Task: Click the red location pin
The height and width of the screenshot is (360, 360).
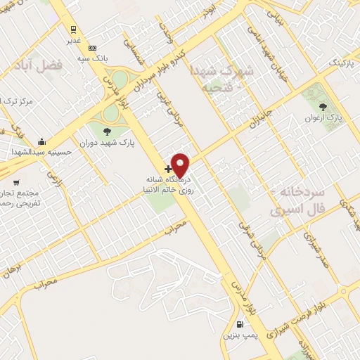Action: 181,165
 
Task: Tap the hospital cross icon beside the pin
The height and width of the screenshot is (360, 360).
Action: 168,169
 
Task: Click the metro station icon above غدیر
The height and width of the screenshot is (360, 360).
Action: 73,29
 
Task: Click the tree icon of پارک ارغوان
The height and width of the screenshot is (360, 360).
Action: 323,107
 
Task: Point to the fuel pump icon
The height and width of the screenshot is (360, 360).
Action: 240,325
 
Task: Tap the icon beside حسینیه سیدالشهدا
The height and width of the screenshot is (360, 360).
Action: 42,141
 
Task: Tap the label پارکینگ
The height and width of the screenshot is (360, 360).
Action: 342,64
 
